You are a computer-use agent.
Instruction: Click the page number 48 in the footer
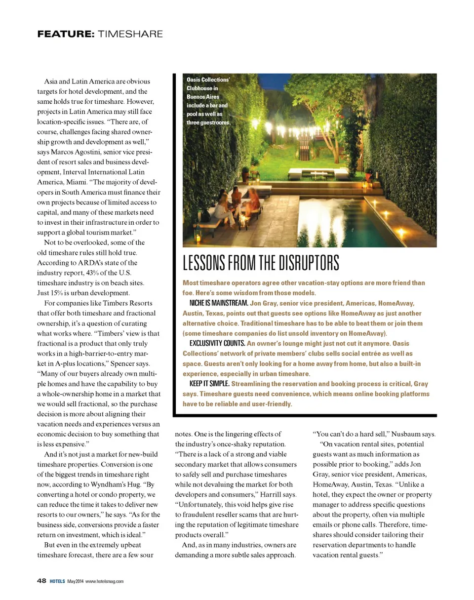(42, 581)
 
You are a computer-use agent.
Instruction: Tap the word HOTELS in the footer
(57, 581)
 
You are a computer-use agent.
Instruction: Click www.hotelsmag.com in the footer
(104, 581)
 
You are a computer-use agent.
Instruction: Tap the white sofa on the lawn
(301, 172)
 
